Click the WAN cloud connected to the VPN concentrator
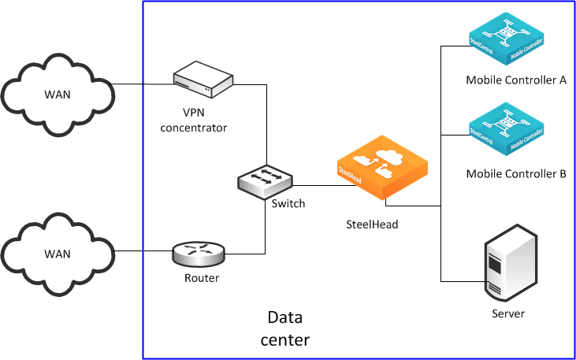57,94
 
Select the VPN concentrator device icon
204,77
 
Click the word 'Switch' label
288,203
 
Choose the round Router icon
197,252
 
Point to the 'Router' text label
202,277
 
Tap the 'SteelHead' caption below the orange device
372,224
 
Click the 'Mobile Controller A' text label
516,80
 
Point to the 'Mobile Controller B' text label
516,173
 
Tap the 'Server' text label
507,314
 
